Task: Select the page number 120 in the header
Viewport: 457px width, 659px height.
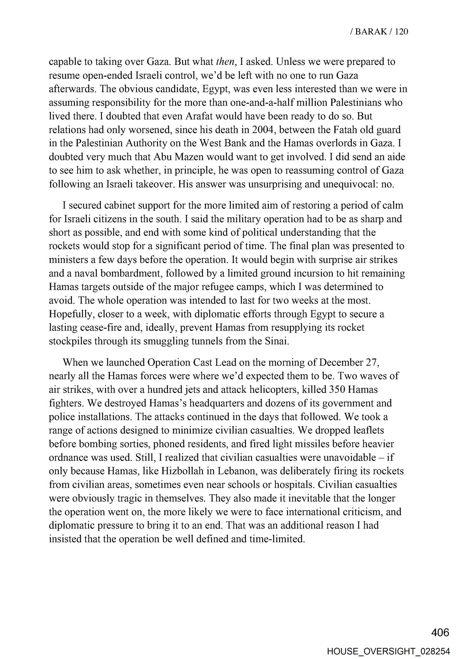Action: pyautogui.click(x=401, y=32)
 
